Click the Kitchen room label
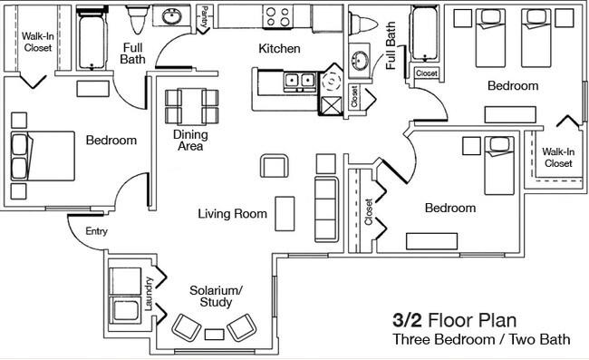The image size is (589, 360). [x=280, y=48]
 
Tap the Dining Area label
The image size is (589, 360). [x=190, y=141]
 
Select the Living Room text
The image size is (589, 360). [x=233, y=215]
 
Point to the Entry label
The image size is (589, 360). [x=96, y=232]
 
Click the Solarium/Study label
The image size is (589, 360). [x=216, y=297]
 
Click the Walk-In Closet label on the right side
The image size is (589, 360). [x=557, y=158]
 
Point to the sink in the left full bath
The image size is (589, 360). [x=170, y=16]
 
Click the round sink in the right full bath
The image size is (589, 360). [x=359, y=61]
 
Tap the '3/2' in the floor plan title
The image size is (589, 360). [x=407, y=319]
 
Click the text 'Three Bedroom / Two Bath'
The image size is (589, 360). [x=481, y=341]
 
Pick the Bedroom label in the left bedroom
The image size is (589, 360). [x=111, y=141]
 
